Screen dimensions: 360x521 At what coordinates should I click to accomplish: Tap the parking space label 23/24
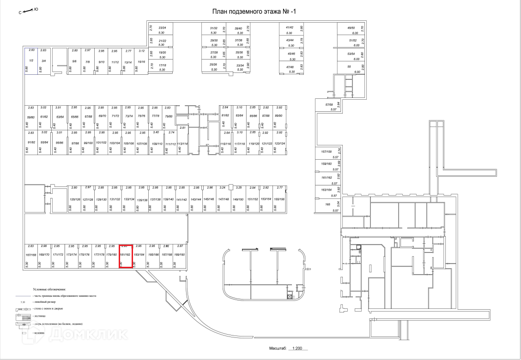tap(162, 28)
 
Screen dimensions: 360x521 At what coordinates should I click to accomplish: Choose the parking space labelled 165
tap(327, 204)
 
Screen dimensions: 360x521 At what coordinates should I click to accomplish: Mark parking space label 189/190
tap(180, 255)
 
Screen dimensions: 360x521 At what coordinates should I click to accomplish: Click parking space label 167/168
tap(31, 255)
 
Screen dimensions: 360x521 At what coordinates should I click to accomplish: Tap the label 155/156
tap(279, 199)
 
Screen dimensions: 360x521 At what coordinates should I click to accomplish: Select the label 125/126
tap(75, 199)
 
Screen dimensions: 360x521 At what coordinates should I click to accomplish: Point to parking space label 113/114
tap(183, 144)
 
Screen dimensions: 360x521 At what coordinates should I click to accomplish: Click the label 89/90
tap(279, 116)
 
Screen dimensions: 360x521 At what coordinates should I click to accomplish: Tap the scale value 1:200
tap(296, 350)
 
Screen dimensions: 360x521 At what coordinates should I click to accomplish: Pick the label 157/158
tap(327, 152)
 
